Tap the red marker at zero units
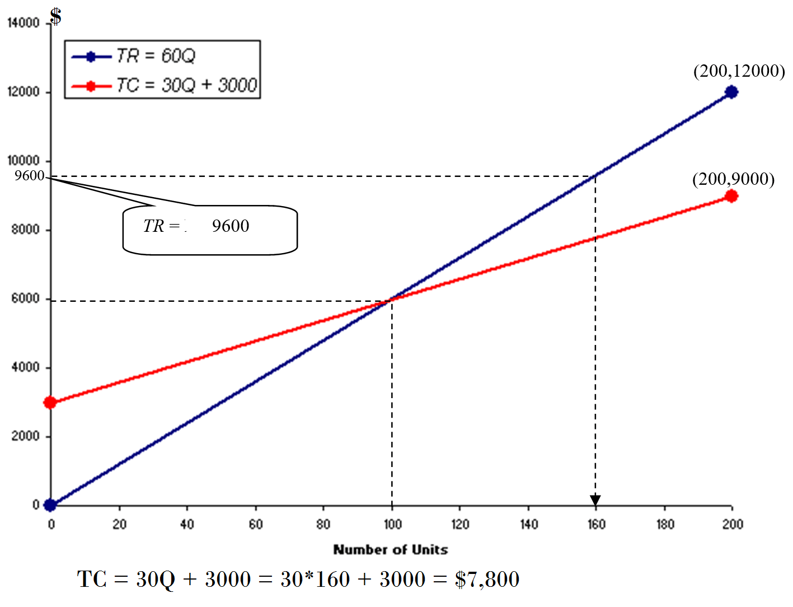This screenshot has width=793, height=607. click(50, 402)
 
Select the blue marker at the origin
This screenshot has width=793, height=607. click(50, 505)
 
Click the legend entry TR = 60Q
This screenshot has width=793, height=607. click(156, 56)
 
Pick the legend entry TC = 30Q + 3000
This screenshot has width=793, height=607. click(186, 85)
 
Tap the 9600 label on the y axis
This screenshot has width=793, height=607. click(29, 176)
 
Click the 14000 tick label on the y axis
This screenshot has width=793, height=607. click(24, 23)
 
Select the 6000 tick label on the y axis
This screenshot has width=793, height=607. click(26, 299)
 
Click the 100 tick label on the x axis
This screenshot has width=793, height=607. click(392, 524)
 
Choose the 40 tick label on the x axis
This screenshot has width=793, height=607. click(187, 524)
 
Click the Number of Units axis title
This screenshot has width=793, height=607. click(391, 550)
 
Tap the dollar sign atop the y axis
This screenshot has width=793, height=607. click(55, 16)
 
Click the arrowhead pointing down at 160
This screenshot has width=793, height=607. click(595, 500)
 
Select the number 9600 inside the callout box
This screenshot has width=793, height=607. click(231, 226)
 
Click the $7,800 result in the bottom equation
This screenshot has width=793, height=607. click(487, 580)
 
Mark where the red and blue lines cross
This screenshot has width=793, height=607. click(391, 300)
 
